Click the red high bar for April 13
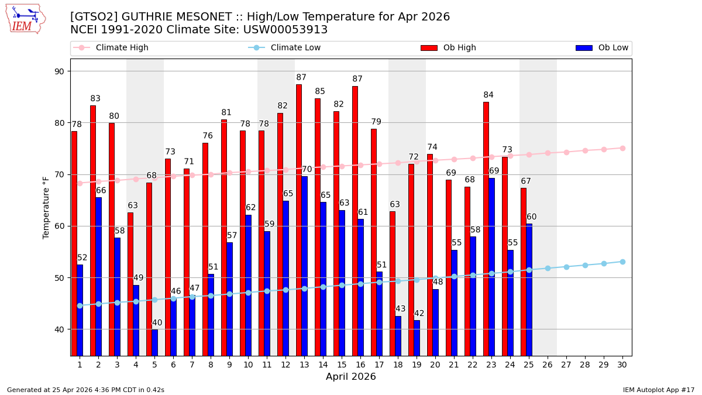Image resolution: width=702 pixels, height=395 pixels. click(299, 219)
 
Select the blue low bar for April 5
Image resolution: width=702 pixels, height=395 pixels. click(154, 342)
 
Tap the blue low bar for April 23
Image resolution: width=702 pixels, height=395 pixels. click(491, 266)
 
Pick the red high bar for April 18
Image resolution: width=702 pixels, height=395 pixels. click(393, 283)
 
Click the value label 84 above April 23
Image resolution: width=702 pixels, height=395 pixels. click(488, 95)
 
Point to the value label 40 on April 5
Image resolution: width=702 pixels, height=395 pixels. click(157, 323)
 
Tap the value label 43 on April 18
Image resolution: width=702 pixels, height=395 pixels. click(400, 309)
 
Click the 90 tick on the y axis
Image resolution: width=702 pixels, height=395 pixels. click(60, 71)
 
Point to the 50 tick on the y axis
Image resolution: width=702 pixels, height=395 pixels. click(60, 278)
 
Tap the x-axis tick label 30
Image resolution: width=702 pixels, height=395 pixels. click(622, 365)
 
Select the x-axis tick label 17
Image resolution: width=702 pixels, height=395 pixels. click(379, 365)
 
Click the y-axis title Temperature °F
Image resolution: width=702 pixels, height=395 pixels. click(46, 207)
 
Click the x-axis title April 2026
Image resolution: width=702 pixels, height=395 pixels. click(351, 377)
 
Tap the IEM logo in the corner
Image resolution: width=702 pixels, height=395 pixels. click(25, 19)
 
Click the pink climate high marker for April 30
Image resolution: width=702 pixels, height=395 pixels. click(622, 148)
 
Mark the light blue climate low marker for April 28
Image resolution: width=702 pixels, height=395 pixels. click(585, 265)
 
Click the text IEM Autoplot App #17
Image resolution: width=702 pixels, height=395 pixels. click(658, 390)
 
